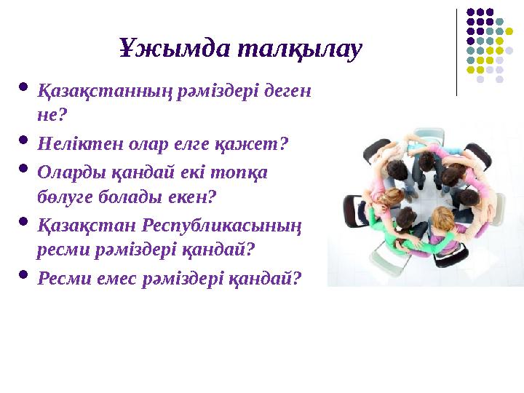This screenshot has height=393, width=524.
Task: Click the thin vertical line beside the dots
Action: click(x=456, y=51)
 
